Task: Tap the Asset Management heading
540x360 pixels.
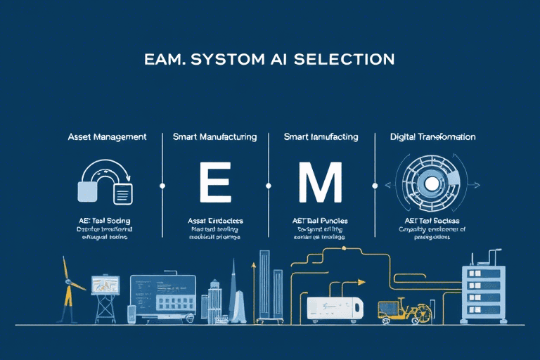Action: [106, 137]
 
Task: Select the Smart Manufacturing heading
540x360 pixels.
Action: [214, 137]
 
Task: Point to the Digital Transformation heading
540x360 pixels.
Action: [432, 137]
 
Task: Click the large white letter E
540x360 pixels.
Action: [214, 184]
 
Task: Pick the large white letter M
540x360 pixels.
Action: [320, 184]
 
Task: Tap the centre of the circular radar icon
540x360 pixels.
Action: [428, 184]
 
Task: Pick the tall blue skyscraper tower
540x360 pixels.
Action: [265, 284]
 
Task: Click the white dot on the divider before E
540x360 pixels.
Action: [162, 186]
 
